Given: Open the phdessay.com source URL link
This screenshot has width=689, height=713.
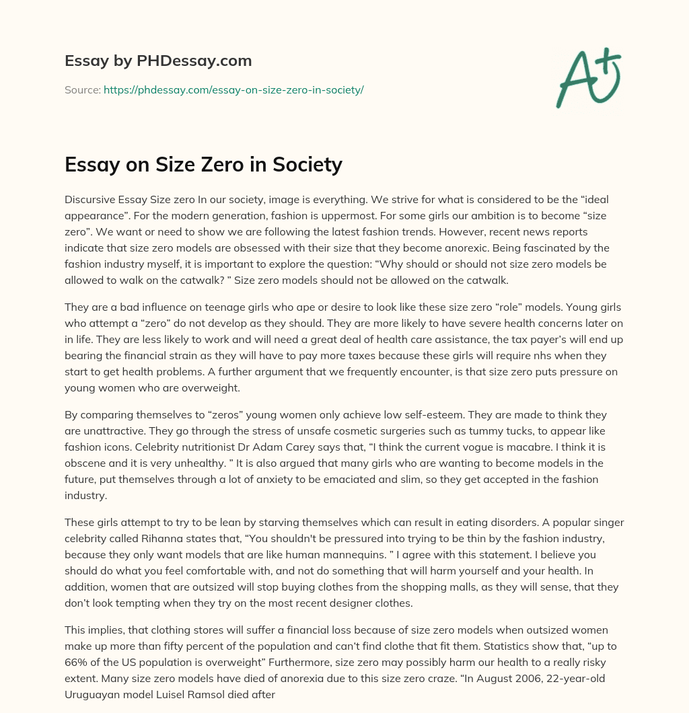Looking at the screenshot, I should pos(233,89).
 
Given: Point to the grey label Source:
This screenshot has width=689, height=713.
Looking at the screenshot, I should pos(83,89).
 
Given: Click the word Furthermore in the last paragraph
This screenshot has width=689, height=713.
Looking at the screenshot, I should pos(313,663).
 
